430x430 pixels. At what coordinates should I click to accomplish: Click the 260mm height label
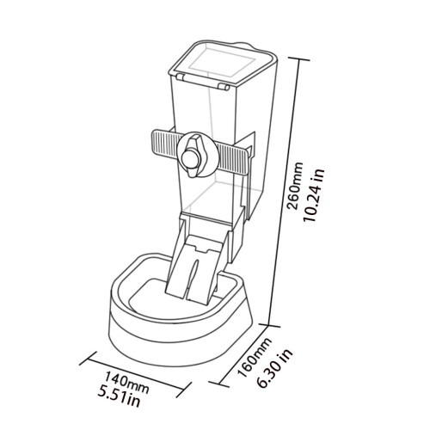point(294,186)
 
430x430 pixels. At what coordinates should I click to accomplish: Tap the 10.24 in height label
point(315,195)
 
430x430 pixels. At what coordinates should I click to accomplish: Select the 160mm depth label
point(255,358)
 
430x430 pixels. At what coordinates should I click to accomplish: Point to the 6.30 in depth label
point(275,369)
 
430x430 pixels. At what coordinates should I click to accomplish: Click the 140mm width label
point(126,383)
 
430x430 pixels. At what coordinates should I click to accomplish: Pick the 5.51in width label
point(120,396)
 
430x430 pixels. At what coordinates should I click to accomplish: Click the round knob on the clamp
point(188,158)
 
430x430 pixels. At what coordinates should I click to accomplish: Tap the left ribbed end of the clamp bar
point(165,141)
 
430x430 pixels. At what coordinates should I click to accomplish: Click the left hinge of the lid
point(181,77)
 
